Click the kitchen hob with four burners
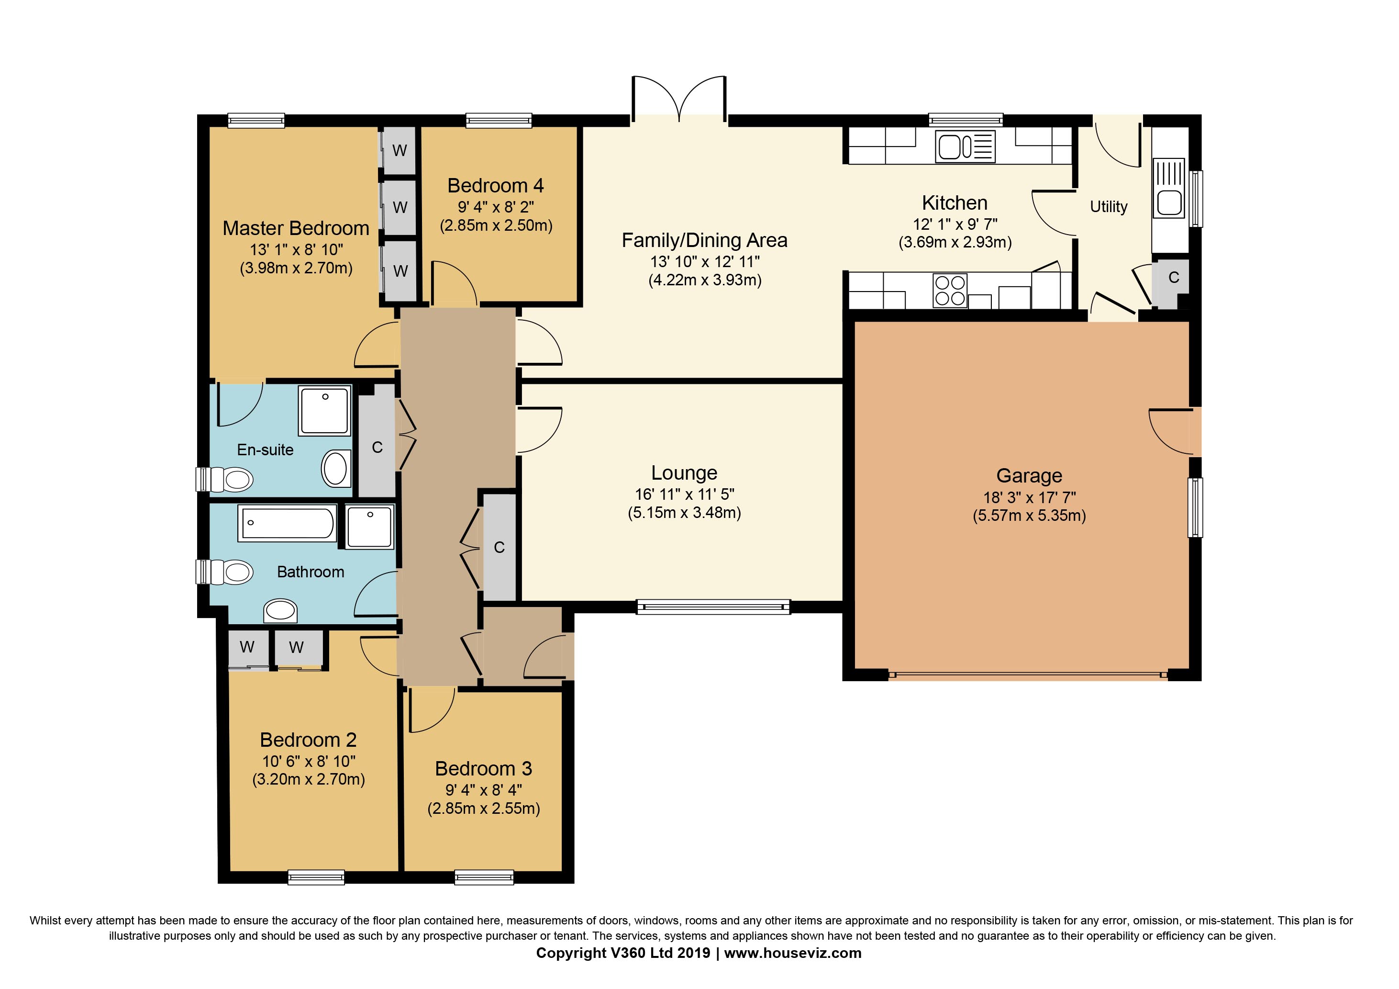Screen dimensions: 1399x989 950,291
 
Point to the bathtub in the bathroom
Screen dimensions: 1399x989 288,523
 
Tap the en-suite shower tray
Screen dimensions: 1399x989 325,410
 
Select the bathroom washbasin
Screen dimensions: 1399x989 280,610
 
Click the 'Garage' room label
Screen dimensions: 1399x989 1029,476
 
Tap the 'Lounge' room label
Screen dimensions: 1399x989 684,473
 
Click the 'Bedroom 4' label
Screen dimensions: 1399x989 495,185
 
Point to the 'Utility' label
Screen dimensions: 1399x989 1109,207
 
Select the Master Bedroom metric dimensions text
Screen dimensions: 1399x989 296,268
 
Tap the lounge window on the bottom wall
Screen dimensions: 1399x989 713,606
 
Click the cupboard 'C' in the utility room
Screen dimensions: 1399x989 1174,278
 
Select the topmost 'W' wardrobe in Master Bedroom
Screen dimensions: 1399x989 400,151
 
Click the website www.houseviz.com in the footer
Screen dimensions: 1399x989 793,953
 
